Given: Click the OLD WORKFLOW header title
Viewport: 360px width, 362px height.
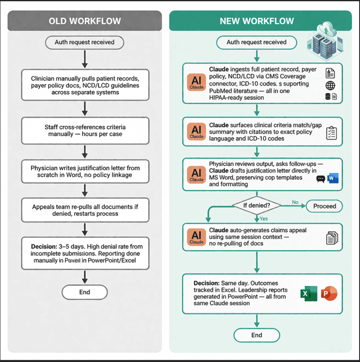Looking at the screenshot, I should click(84, 21).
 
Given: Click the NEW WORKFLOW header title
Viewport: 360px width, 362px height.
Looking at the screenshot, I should click(256, 21).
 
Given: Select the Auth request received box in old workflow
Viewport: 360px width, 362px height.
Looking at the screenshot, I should click(84, 42).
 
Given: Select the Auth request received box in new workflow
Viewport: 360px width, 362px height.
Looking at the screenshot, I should click(256, 42).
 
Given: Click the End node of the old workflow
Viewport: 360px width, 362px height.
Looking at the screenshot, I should click(84, 292).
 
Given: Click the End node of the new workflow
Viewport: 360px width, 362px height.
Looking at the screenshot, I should click(257, 335).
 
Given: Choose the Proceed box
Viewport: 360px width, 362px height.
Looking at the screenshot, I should click(325, 206).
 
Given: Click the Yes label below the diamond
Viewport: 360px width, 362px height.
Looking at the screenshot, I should click(263, 219).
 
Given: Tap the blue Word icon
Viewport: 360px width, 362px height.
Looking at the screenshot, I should click(334, 179).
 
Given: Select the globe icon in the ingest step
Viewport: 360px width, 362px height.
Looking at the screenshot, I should click(330, 86).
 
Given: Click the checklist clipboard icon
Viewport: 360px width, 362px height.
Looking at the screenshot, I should click(331, 133).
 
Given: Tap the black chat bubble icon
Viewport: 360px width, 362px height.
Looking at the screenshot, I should click(320, 179).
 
